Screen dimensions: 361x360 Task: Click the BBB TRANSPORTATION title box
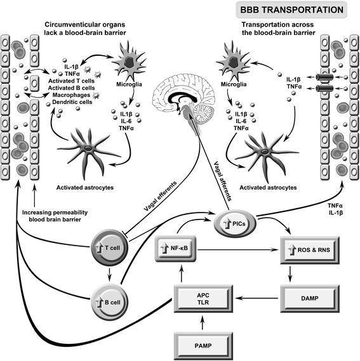291,10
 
